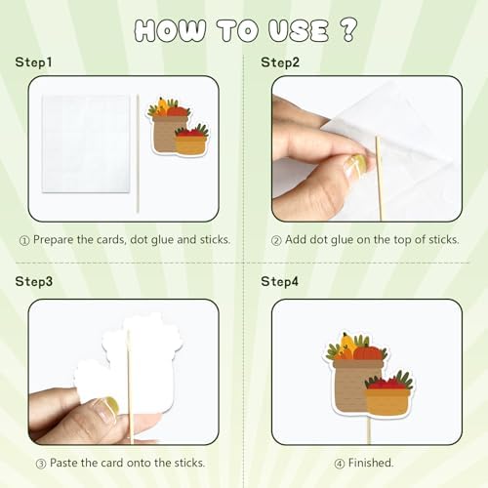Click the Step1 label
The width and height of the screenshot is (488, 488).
coord(33,62)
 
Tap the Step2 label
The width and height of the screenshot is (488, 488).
coord(280,62)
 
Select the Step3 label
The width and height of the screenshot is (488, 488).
coord(34,281)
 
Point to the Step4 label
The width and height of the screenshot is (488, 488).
coord(279,281)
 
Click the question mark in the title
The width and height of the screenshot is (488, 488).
coord(349,29)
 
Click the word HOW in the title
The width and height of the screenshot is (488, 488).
coord(170,30)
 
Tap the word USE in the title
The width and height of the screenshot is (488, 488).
coord(299,30)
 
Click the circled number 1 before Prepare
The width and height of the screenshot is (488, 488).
coord(24,241)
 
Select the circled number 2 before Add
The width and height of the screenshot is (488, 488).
coord(276,241)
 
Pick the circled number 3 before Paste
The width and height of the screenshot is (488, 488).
coord(41,464)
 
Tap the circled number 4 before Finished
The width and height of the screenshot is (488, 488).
coord(340,464)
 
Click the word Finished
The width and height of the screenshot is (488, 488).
coord(371,463)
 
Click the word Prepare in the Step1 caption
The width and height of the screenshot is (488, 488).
coord(54,240)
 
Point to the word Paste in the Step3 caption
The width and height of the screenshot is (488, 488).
coord(63,463)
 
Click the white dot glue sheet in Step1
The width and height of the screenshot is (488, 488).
coord(86,143)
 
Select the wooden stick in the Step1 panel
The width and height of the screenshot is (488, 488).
coord(138,153)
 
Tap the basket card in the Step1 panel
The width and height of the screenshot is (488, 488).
coord(179,126)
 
